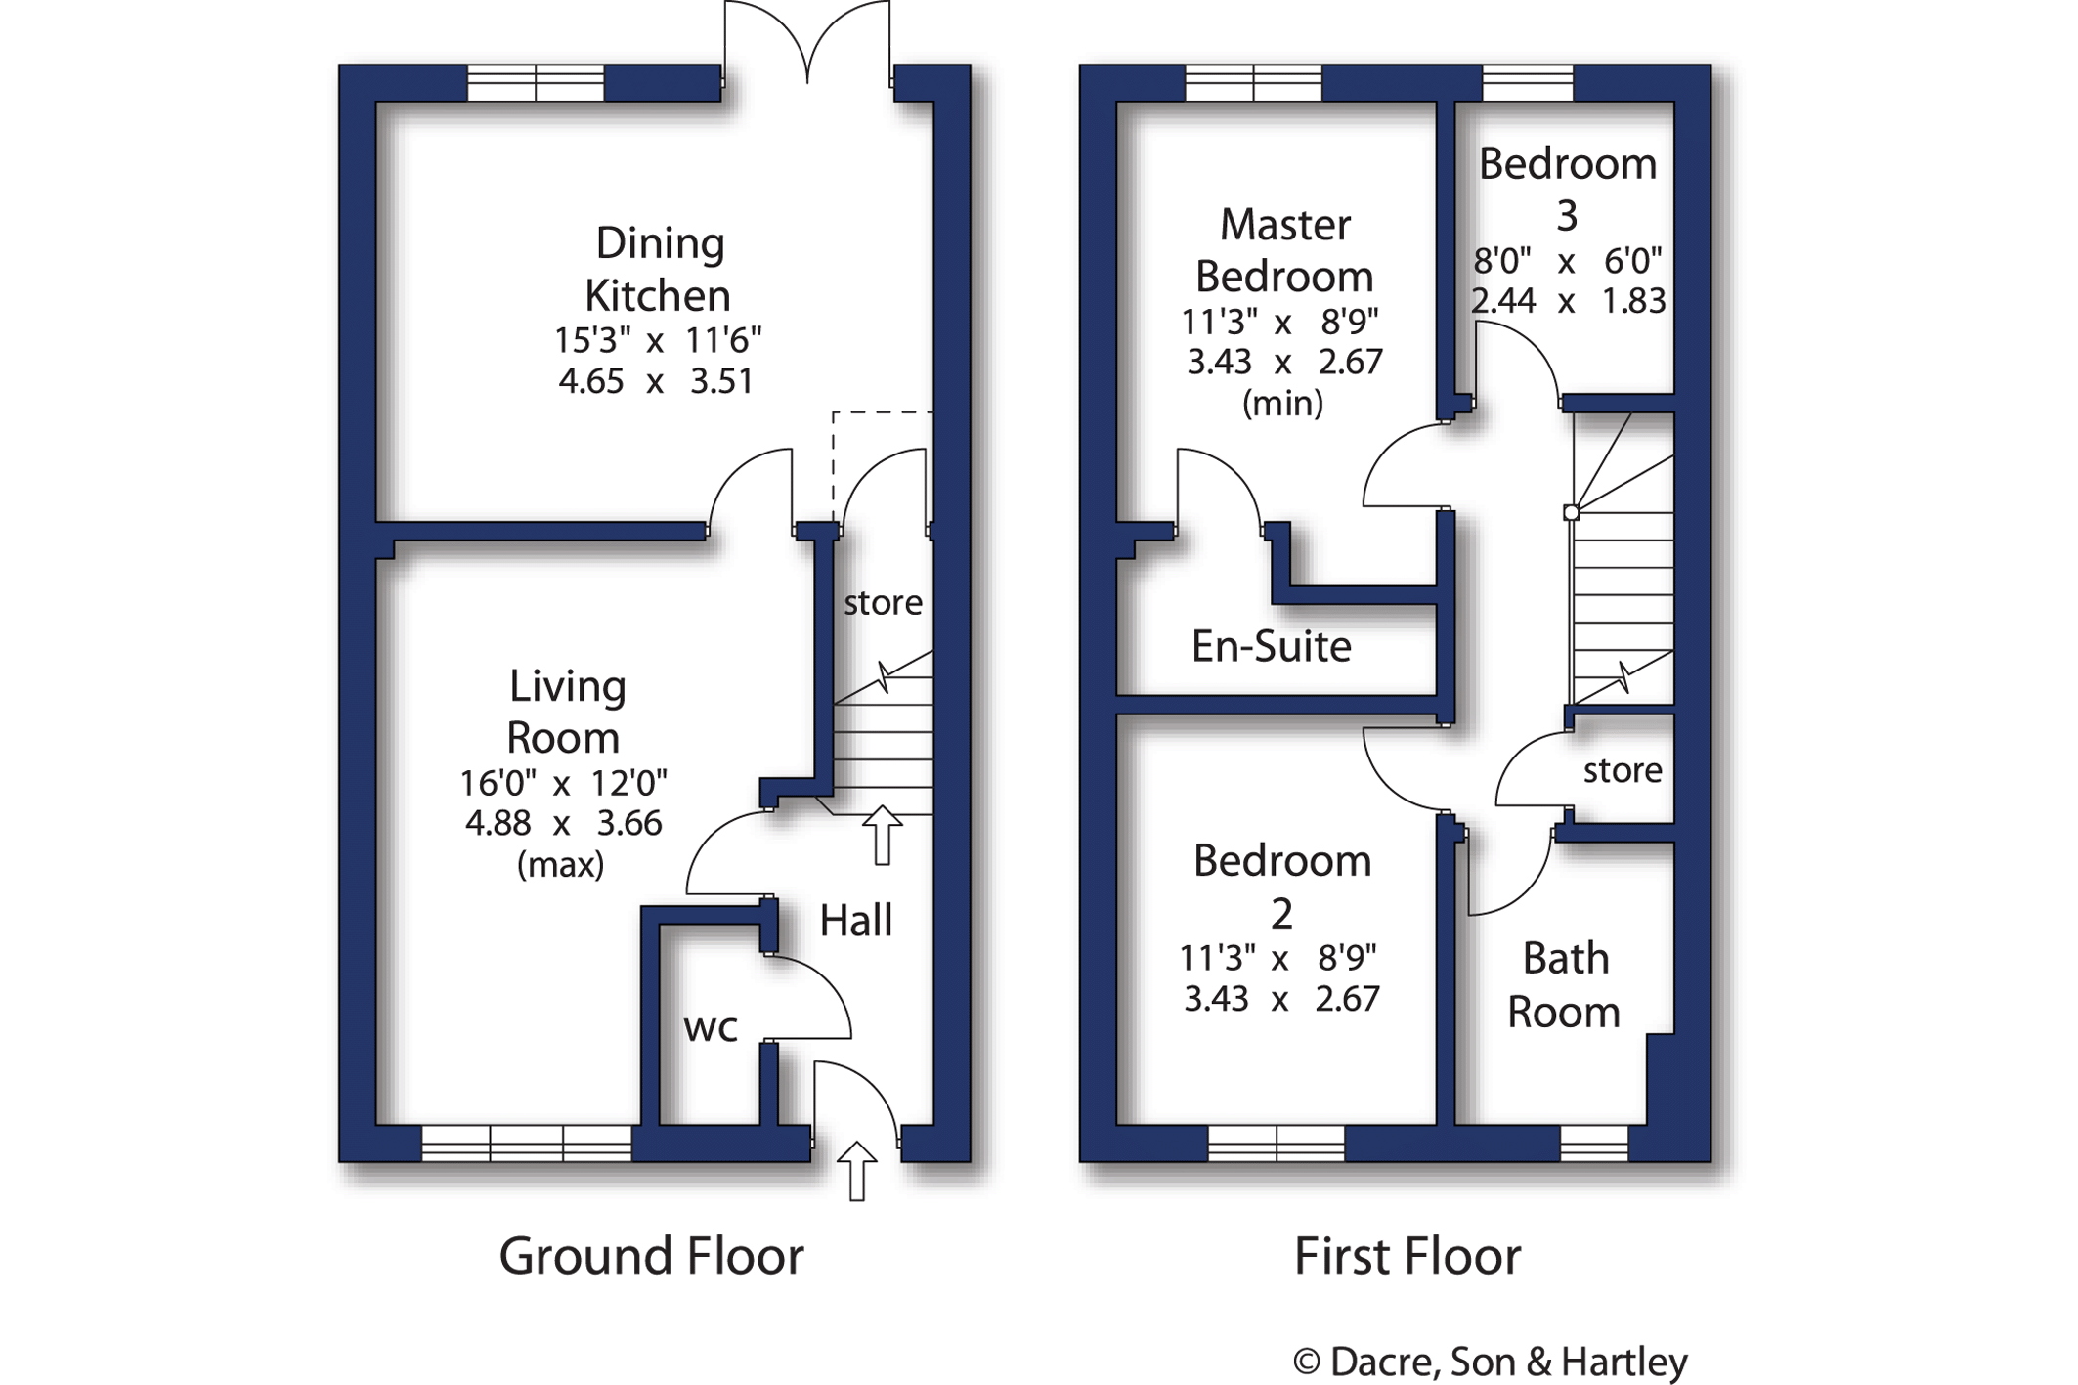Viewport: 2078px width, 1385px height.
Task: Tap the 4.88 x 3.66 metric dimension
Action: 563,823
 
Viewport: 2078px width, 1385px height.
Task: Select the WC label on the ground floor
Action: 710,1028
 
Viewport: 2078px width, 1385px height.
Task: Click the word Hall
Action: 855,921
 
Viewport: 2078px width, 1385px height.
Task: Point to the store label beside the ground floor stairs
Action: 883,603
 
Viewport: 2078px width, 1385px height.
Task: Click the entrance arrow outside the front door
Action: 857,1170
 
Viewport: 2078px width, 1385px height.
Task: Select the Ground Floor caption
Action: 651,1256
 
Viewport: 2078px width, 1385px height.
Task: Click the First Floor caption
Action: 1407,1256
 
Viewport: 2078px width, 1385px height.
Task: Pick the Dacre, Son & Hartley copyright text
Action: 1490,1362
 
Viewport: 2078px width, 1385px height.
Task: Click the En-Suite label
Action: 1271,646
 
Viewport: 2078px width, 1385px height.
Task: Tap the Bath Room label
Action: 1564,985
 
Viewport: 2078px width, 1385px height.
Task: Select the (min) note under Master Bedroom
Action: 1282,403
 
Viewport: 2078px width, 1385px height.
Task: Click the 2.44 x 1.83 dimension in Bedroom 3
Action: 1568,301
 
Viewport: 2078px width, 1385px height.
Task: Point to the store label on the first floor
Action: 1622,770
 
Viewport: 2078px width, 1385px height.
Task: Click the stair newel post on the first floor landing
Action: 1571,512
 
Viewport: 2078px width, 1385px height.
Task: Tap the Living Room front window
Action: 526,1143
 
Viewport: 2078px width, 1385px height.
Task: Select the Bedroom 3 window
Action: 1527,83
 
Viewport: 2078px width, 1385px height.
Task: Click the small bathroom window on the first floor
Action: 1593,1143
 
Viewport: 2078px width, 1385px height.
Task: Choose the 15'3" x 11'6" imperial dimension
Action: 657,340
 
